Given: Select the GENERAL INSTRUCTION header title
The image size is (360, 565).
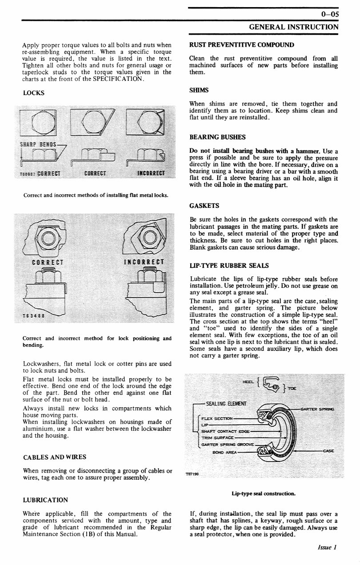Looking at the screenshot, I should [x=293, y=27].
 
